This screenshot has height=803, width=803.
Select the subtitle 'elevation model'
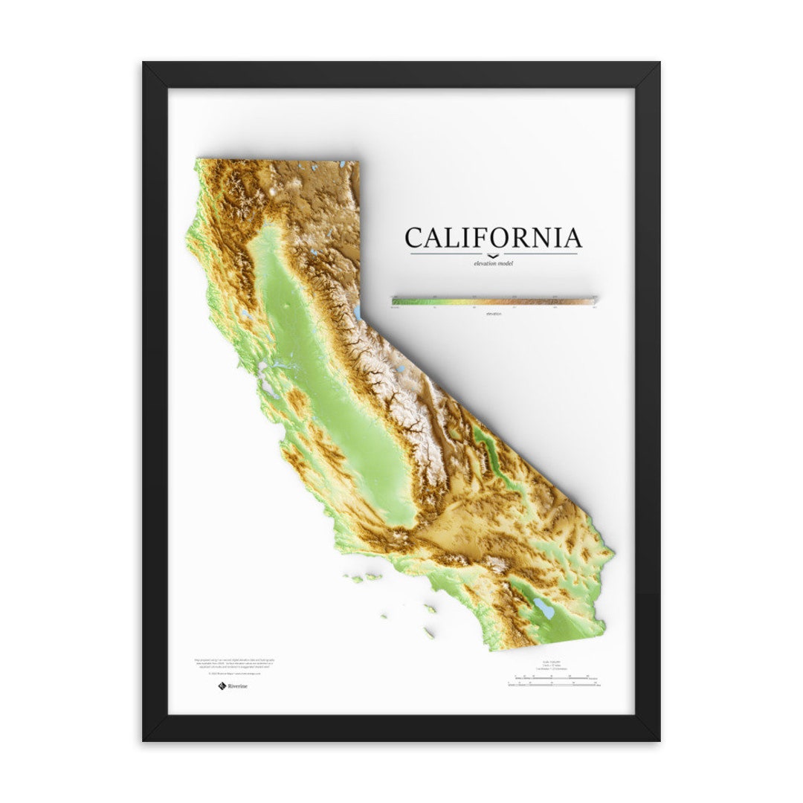coord(493,263)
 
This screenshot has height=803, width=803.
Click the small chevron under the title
coord(494,255)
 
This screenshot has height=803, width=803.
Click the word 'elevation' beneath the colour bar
coord(494,313)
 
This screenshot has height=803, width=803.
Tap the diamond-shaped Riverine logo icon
coord(222,686)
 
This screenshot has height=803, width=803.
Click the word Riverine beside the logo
coord(238,686)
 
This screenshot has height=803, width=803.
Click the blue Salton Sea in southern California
coord(545,610)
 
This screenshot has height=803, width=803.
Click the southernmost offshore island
coord(429,633)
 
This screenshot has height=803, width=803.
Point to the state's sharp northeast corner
coord(358,162)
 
